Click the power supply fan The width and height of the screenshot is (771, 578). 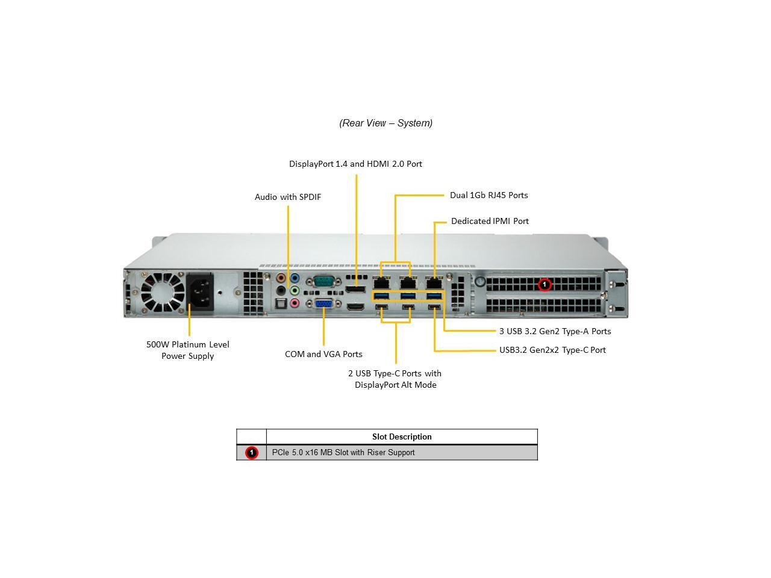tap(163, 293)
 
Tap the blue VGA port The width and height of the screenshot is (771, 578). tap(323, 305)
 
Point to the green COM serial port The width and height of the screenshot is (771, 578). tap(323, 281)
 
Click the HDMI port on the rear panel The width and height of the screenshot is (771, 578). tap(355, 307)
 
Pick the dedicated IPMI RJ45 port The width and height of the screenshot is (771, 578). tap(434, 282)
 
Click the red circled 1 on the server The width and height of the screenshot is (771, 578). tap(545, 284)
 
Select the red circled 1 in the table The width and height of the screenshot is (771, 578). tap(252, 453)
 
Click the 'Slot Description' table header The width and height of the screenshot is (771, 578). tap(402, 437)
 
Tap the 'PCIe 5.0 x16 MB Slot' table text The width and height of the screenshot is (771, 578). tap(343, 453)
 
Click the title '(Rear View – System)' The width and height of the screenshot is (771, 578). tap(385, 123)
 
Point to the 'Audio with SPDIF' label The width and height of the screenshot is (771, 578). tap(288, 197)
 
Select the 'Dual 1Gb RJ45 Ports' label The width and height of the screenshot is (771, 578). tap(489, 195)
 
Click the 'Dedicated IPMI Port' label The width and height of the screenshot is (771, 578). tap(490, 221)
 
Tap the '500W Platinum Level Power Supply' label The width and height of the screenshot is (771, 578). tap(188, 350)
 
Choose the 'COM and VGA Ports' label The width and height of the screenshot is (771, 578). tap(323, 354)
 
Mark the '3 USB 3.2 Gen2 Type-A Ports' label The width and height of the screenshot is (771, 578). tap(555, 331)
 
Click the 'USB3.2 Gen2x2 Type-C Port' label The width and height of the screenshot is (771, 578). tap(552, 350)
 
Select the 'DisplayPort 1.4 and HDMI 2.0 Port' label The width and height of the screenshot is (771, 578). tap(355, 164)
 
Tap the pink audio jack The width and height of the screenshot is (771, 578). tap(295, 303)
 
